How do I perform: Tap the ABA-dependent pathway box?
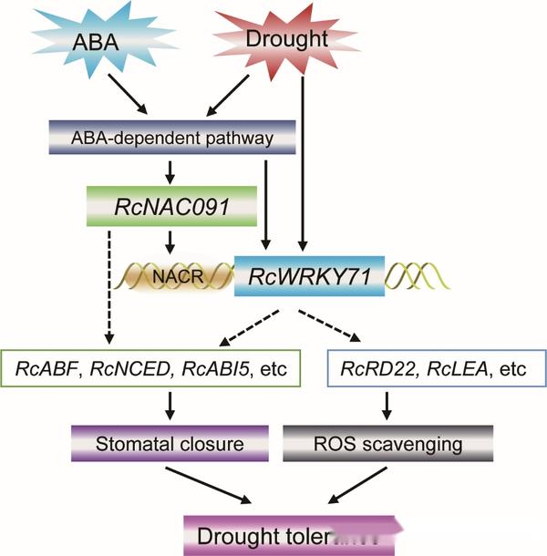pos(172,139)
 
